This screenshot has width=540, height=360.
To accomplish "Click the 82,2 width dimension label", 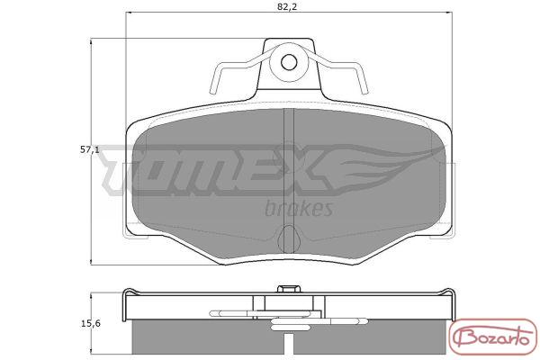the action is [x=287, y=6].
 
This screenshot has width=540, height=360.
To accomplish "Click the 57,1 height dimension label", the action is [x=90, y=149].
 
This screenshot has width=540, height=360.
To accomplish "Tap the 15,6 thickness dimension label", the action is [x=90, y=323].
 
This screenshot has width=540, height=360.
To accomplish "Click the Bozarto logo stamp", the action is [x=493, y=337].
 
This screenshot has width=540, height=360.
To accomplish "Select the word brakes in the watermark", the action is [x=299, y=208].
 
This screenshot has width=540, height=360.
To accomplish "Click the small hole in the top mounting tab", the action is [x=289, y=62].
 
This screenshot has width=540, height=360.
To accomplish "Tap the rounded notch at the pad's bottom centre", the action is [x=289, y=238].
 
